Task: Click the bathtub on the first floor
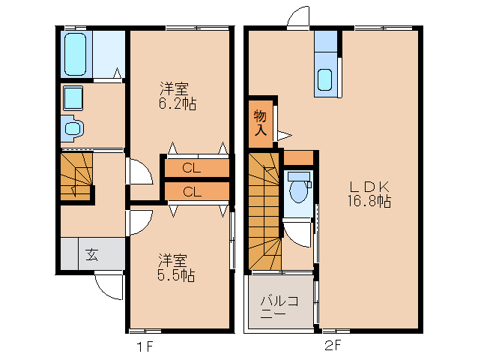coord(76,53)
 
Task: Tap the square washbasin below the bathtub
coord(72,97)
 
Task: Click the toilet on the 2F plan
coord(300,187)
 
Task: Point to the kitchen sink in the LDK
coord(325,78)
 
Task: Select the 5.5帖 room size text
coord(176,275)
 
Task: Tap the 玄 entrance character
coord(91,254)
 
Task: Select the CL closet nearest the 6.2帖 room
coord(192,168)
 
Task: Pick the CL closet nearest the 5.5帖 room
coord(192,191)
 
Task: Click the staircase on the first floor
coord(76,175)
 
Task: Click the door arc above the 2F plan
coord(297,16)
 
